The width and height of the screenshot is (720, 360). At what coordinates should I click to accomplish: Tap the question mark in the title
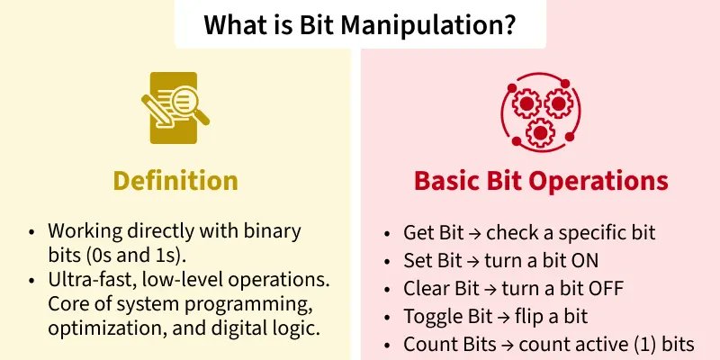(509, 24)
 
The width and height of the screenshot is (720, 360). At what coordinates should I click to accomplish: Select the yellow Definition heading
(175, 180)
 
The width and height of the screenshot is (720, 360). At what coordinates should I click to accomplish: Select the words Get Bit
(433, 233)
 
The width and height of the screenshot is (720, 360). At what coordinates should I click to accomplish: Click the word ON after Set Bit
(611, 261)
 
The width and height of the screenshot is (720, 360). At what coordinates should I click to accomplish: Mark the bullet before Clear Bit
(388, 289)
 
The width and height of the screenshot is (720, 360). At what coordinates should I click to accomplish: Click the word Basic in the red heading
(445, 180)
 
